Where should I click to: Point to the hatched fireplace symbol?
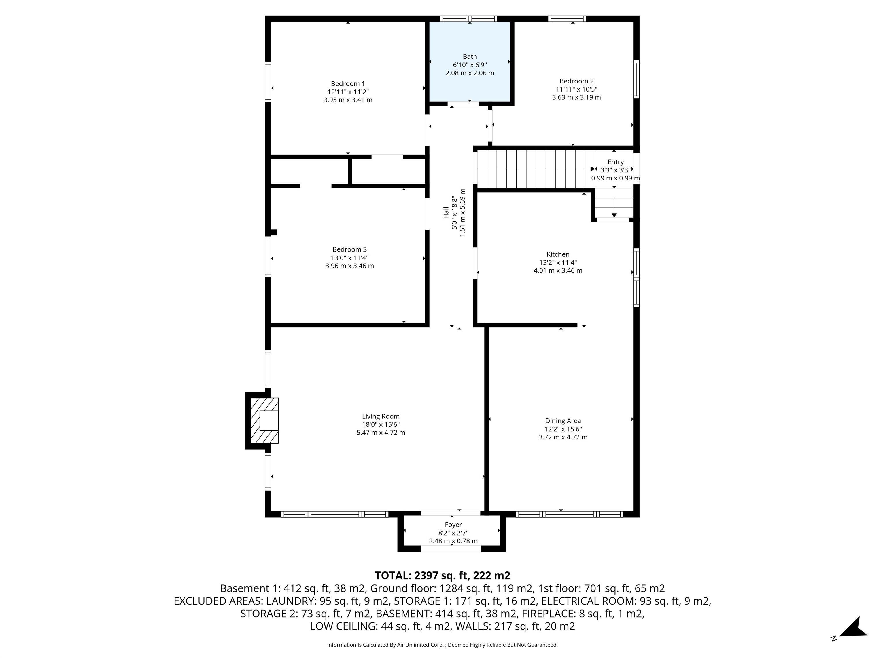coord(264,420)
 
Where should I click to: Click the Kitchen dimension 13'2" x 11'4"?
coord(558,262)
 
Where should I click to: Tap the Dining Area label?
coord(563,421)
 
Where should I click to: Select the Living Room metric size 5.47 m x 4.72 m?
coord(381,433)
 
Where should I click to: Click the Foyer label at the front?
coord(453,525)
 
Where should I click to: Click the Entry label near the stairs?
coord(615,162)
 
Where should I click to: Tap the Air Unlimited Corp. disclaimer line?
coord(442,645)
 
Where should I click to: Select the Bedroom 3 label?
coord(349,249)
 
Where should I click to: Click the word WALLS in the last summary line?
coord(470,626)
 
